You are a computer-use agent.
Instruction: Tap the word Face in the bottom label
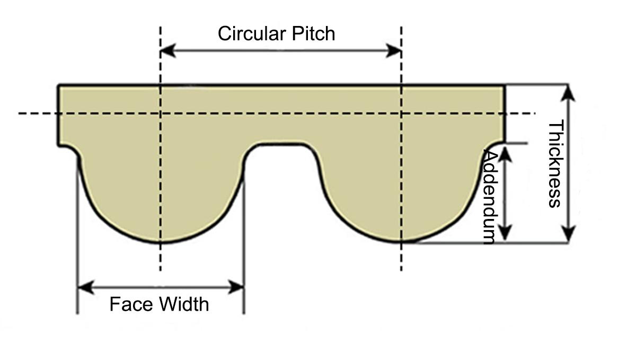[x=126, y=304]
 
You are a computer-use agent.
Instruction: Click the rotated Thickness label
[x=554, y=164]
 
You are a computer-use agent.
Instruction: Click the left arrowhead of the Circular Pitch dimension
[x=166, y=51]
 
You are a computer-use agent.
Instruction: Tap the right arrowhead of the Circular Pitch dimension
[x=395, y=51]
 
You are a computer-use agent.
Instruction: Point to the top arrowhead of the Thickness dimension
[x=568, y=91]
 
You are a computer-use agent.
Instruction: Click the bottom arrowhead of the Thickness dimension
[x=568, y=235]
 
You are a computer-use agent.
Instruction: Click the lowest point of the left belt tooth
[x=160, y=242]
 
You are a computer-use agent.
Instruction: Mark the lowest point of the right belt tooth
[x=401, y=242]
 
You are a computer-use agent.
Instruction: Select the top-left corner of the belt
[x=59, y=85]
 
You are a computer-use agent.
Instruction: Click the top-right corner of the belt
[x=504, y=85]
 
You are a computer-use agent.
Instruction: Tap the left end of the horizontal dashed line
[x=20, y=113]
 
